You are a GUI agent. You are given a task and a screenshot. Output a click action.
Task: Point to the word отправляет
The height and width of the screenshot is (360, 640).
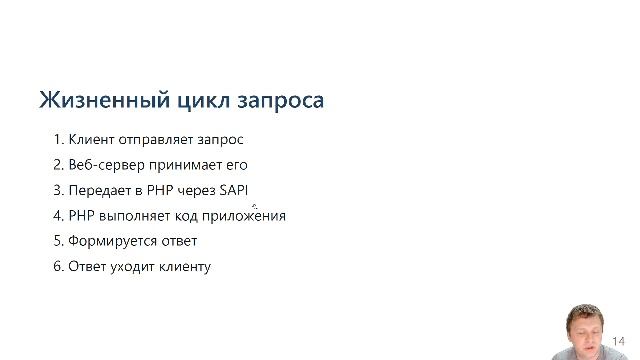tap(152, 139)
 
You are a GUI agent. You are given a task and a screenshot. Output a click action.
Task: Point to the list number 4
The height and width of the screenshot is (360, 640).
tap(57, 215)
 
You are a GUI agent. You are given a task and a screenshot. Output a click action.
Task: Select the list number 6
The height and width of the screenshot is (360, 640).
tap(57, 266)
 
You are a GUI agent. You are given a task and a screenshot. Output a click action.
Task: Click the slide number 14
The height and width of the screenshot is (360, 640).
tap(619, 340)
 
